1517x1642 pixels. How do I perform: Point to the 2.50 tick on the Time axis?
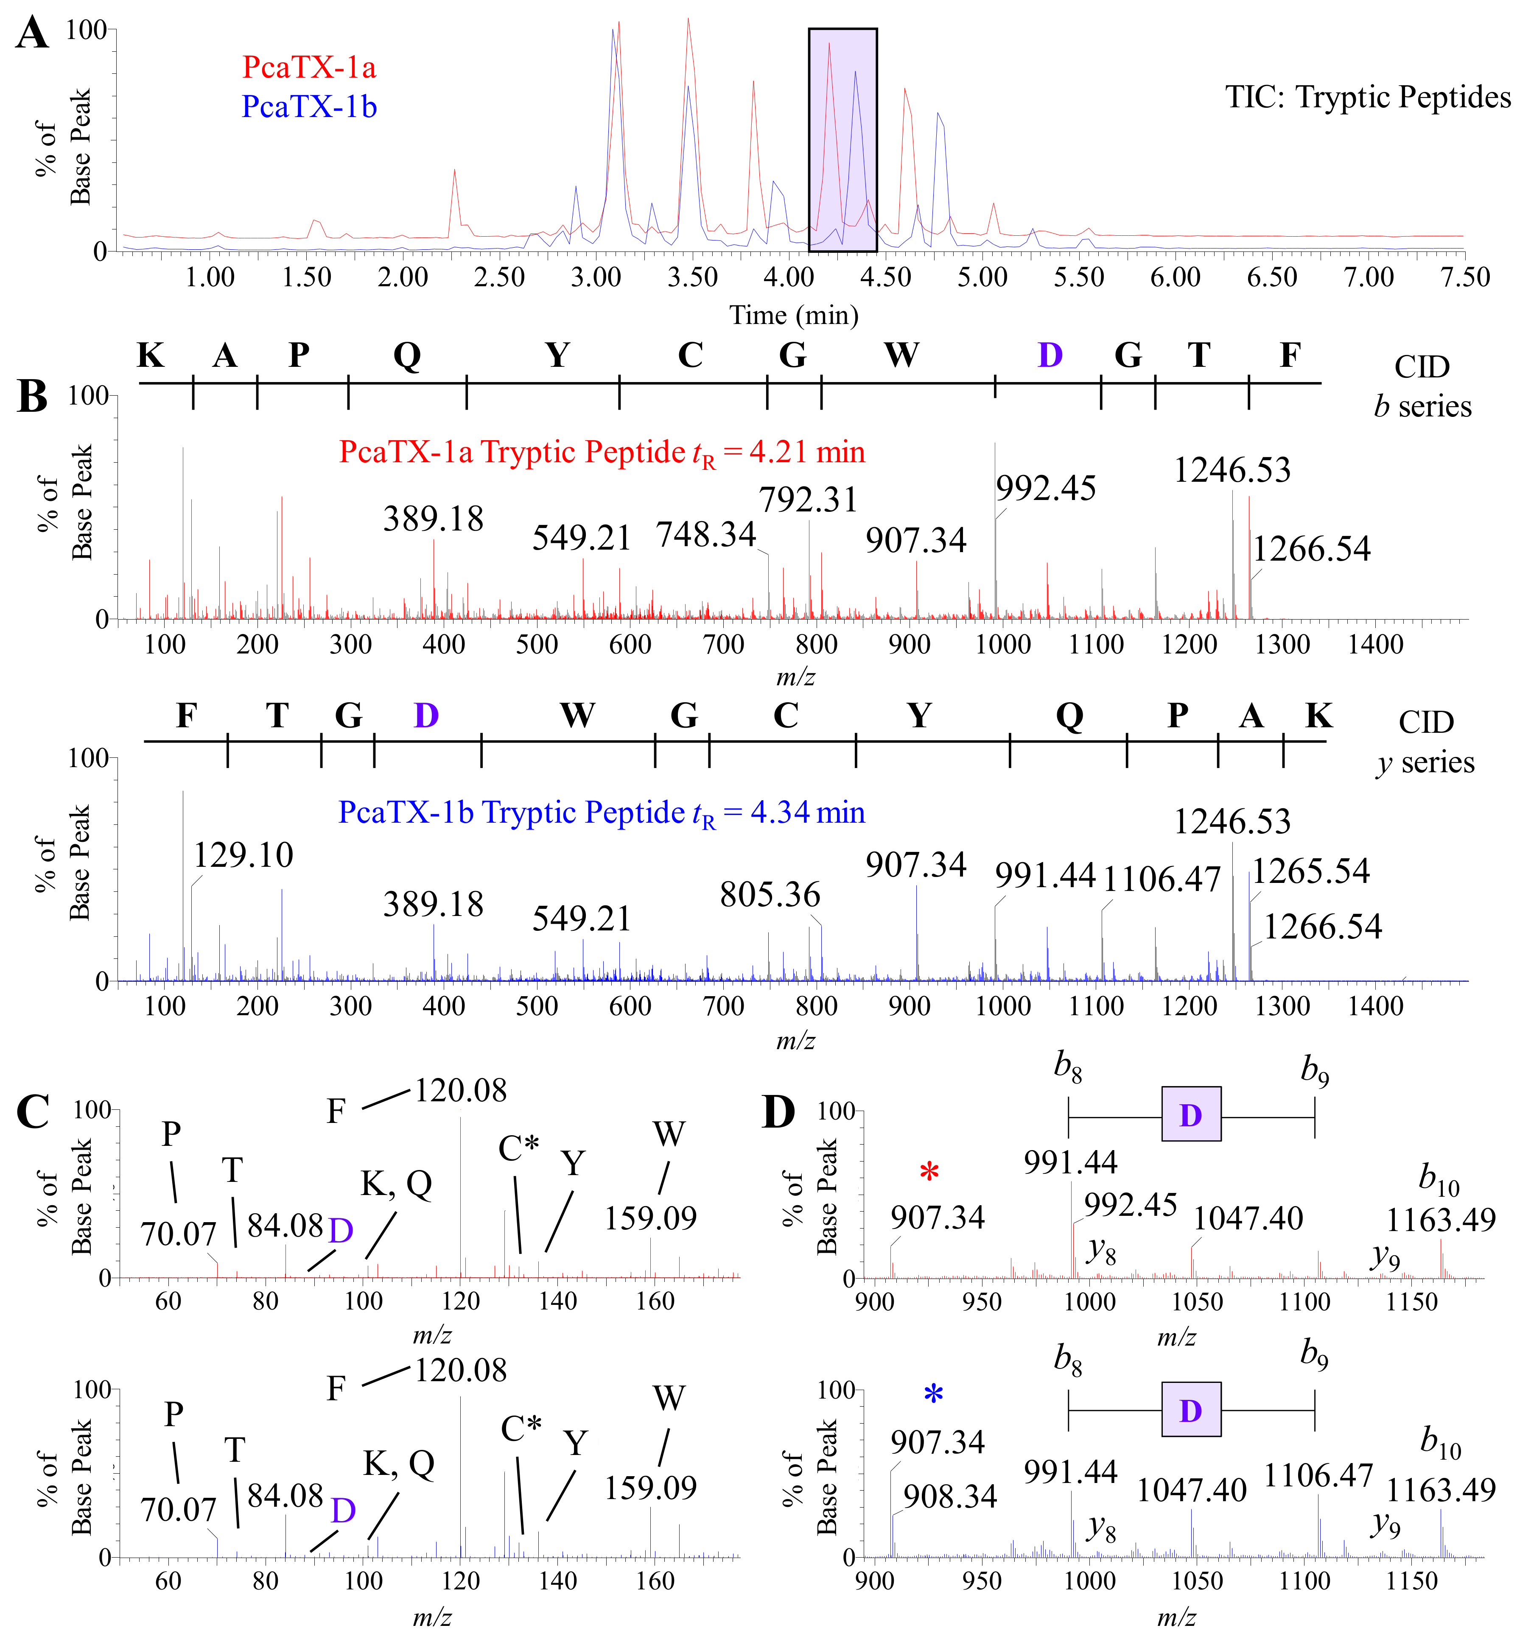499,277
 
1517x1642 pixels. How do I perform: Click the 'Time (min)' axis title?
794,315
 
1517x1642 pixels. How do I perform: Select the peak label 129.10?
243,855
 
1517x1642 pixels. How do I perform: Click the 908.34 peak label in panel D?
950,1497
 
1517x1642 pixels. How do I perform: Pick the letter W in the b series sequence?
901,355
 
